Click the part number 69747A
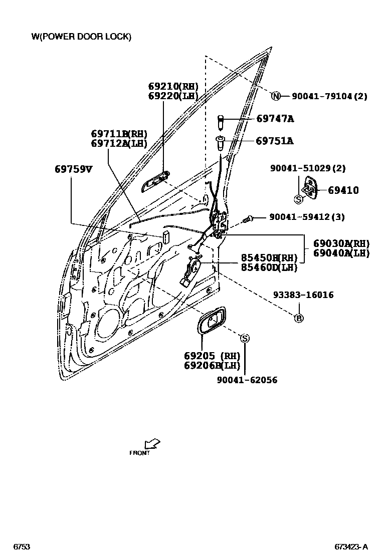[x=275, y=119]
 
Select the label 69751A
[x=274, y=141]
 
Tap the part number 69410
[x=343, y=190]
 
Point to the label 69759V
[x=73, y=169]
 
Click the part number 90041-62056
[x=247, y=380]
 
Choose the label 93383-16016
[x=303, y=295]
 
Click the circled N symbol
[x=276, y=96]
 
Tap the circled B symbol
[x=298, y=318]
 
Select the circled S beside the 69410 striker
[x=298, y=199]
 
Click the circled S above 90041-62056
[x=245, y=339]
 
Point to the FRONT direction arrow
[x=151, y=443]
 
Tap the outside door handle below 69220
[x=156, y=181]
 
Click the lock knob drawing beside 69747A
[x=220, y=121]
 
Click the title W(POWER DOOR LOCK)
[x=81, y=37]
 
